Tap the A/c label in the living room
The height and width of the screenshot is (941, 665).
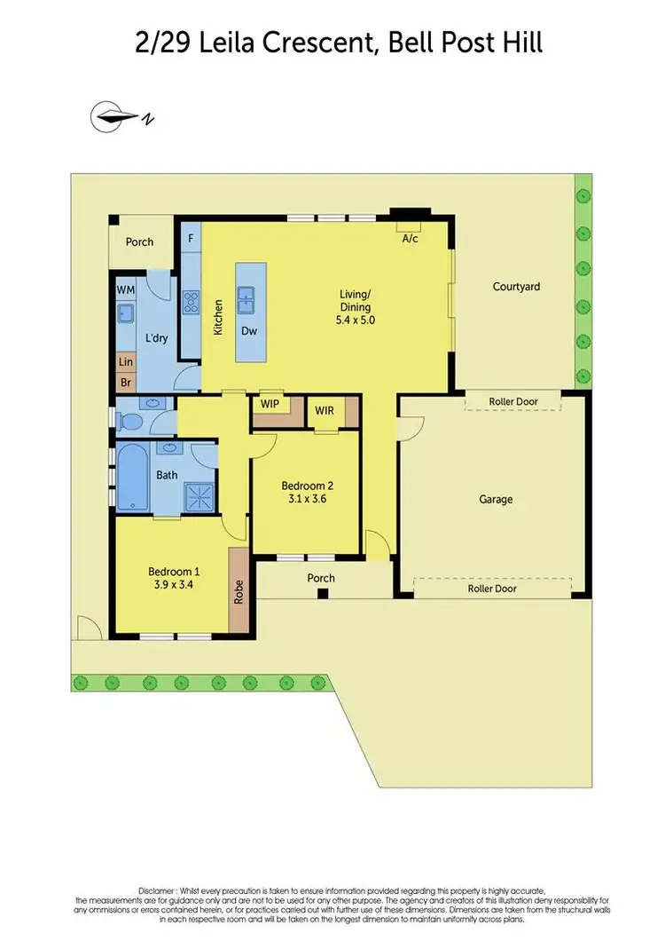(x=411, y=240)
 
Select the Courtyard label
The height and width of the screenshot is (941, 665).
(x=516, y=287)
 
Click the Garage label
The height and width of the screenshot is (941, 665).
(x=496, y=500)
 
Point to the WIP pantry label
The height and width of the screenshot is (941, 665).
(x=270, y=404)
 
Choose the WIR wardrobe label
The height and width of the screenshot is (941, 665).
(x=324, y=410)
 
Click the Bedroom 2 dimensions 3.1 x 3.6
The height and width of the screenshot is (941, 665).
(x=307, y=501)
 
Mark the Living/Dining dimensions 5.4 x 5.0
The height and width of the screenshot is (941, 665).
(x=356, y=320)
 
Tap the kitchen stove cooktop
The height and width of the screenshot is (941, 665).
(x=191, y=304)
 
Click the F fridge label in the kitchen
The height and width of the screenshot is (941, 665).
(x=191, y=238)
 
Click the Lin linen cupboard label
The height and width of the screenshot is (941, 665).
(x=125, y=362)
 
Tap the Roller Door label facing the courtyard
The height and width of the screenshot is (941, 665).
(x=513, y=401)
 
